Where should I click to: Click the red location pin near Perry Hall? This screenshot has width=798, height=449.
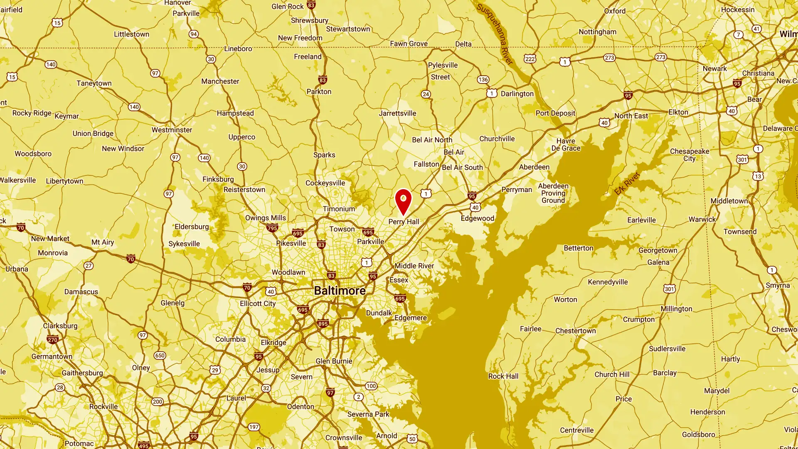(x=403, y=201)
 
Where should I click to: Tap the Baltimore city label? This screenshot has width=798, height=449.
(x=340, y=291)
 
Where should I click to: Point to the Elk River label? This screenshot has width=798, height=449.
(x=627, y=184)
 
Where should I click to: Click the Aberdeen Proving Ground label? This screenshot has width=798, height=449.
(x=553, y=193)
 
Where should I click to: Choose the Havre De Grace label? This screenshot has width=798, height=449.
(x=566, y=145)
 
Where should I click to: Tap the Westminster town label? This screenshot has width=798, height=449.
(x=172, y=130)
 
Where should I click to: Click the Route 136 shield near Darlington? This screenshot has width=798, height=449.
(x=483, y=79)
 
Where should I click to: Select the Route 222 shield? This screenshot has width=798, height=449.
(x=530, y=59)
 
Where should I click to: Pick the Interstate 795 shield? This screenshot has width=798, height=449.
(x=272, y=228)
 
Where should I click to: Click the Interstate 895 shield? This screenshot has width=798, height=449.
(x=323, y=323)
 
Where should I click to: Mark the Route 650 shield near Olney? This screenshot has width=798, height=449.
(x=160, y=355)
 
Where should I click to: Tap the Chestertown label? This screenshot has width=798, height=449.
(x=575, y=331)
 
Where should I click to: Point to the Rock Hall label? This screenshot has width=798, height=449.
(x=503, y=376)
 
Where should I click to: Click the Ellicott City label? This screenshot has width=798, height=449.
(x=258, y=303)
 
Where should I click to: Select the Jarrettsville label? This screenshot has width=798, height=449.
(x=397, y=113)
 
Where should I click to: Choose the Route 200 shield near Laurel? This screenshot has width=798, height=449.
(x=157, y=402)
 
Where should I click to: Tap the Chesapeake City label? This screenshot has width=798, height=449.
(x=689, y=155)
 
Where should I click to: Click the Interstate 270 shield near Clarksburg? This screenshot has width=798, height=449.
(x=52, y=340)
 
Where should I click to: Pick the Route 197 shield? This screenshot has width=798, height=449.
(x=254, y=427)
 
